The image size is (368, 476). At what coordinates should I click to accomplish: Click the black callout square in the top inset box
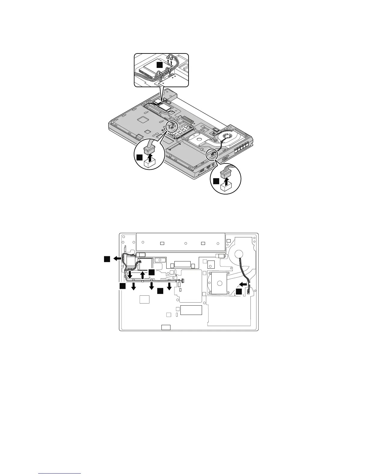tap(160, 65)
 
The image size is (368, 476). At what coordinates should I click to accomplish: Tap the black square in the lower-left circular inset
tap(139, 157)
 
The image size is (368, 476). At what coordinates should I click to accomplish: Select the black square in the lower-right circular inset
tap(216, 181)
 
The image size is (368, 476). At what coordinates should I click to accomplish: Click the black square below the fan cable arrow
tap(239, 292)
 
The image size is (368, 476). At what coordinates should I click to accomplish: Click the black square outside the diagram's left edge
tap(107, 258)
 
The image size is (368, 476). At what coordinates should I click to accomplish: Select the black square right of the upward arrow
tap(152, 272)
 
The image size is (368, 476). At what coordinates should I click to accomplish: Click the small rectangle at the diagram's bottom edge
tap(166, 327)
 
